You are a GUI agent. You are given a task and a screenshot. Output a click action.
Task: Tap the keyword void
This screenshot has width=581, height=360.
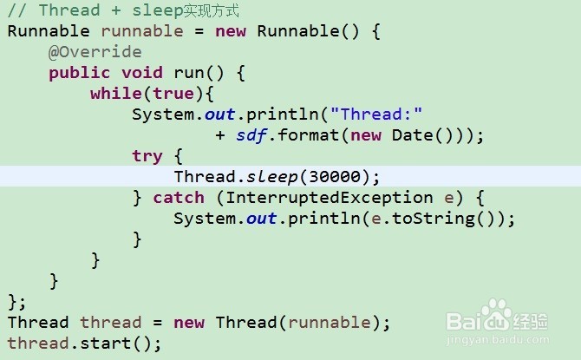[x=142, y=73]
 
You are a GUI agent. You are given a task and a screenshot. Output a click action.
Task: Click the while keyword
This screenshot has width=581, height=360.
[x=110, y=94]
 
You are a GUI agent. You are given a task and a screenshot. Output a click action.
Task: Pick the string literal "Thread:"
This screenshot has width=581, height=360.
[x=381, y=115]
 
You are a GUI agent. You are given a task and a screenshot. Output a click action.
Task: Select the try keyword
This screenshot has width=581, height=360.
[x=147, y=156]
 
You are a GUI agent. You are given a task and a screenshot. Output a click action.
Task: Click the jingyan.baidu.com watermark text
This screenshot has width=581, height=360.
[x=497, y=340]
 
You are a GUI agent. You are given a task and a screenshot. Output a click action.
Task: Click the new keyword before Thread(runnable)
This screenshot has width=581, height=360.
[x=189, y=323]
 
